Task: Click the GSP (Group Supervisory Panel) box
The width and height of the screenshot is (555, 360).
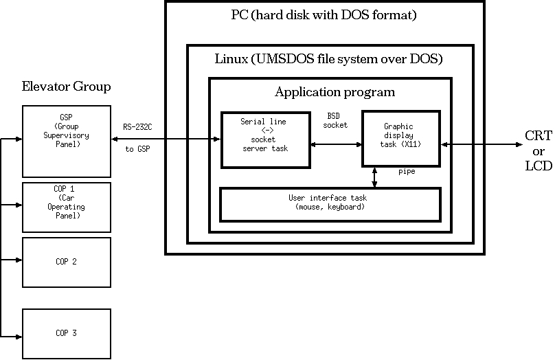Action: pos(67,141)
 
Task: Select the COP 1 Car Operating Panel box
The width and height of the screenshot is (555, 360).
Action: pos(67,207)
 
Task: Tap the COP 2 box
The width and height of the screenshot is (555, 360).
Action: pos(67,262)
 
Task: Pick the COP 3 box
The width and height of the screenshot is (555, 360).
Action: pos(67,333)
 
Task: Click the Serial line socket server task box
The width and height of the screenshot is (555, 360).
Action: pos(264,139)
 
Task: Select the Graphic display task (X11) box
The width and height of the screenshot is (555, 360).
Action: pos(401,139)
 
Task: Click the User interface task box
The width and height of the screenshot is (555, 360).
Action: pos(330,204)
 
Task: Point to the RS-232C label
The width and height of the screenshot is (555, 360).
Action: pos(139,126)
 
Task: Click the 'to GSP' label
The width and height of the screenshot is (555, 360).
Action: pos(139,148)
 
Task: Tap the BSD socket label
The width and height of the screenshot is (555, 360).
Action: pos(335,121)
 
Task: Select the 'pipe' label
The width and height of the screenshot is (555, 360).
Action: pos(407,172)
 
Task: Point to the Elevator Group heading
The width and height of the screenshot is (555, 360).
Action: pos(67,87)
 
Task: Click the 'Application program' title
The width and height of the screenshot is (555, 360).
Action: pos(335,91)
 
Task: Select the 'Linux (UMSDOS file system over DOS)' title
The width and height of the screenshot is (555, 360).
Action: pos(329,59)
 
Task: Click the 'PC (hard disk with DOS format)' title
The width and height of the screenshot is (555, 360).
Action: pos(324,14)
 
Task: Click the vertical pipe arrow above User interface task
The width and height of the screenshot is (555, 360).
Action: pos(374,177)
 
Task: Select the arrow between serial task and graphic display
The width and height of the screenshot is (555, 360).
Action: pos(336,144)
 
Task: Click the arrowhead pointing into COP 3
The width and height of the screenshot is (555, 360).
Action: pos(19,336)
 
